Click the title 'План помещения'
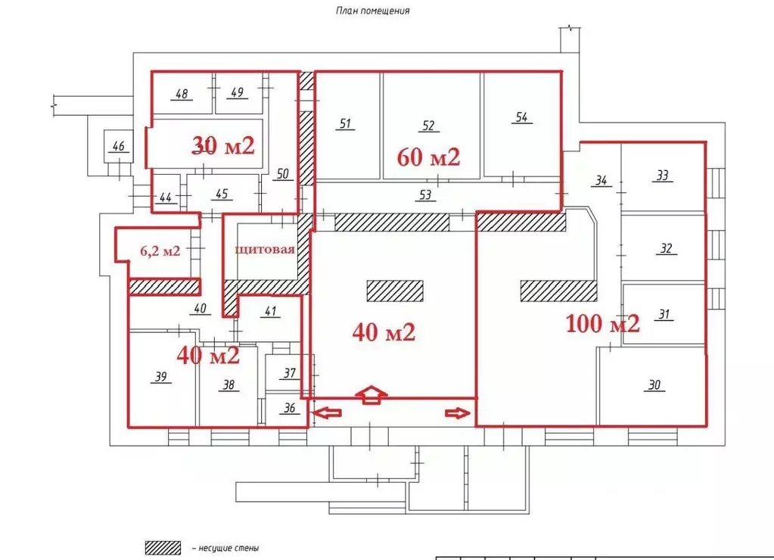(x=373, y=11)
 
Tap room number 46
(x=119, y=146)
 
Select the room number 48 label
(x=182, y=94)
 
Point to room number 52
(x=428, y=126)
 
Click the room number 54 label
(x=522, y=117)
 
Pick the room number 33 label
(x=663, y=176)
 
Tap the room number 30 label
(x=654, y=384)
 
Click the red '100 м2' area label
(x=603, y=324)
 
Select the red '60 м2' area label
(x=428, y=157)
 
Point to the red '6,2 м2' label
(x=160, y=250)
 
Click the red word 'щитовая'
(x=265, y=250)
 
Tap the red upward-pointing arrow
(x=371, y=394)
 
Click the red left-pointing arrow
(x=328, y=412)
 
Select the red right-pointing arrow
(x=458, y=413)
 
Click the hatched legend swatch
(x=163, y=548)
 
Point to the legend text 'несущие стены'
(x=228, y=548)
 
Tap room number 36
(x=290, y=408)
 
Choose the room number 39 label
(x=161, y=377)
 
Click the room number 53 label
(x=425, y=195)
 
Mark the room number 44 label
(x=166, y=198)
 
